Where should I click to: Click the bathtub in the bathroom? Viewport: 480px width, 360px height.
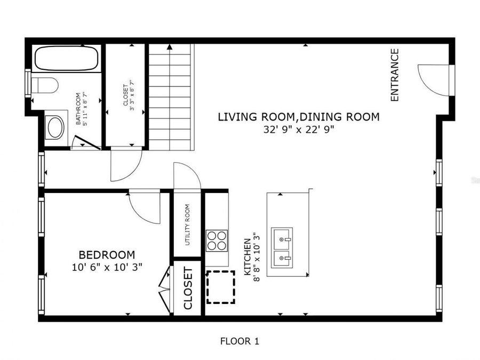[x=67, y=59]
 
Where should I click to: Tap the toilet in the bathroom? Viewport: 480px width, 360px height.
[x=45, y=85]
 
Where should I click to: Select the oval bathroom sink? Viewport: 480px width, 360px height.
[x=55, y=127]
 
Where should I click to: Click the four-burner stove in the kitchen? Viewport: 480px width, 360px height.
[x=217, y=241]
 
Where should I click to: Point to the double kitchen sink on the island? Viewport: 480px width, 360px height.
[x=282, y=247]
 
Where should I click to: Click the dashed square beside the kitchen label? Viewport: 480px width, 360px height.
[x=221, y=287]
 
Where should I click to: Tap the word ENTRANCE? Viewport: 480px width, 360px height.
[x=395, y=75]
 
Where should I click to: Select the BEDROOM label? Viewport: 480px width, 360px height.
[x=107, y=255]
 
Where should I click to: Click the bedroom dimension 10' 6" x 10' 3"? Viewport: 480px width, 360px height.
[x=107, y=267]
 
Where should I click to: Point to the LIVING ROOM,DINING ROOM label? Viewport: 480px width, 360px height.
[x=299, y=117]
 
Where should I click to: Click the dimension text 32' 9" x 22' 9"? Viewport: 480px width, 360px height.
[x=299, y=130]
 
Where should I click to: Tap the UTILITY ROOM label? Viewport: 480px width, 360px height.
[x=187, y=225]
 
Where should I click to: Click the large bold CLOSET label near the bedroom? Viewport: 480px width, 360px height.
[x=188, y=288]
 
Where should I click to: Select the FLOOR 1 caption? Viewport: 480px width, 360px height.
[x=239, y=341]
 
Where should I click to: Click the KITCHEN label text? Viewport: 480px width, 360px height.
[x=247, y=257]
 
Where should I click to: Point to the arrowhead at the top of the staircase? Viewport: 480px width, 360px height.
[x=170, y=47]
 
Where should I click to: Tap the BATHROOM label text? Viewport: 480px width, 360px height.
[x=78, y=109]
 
